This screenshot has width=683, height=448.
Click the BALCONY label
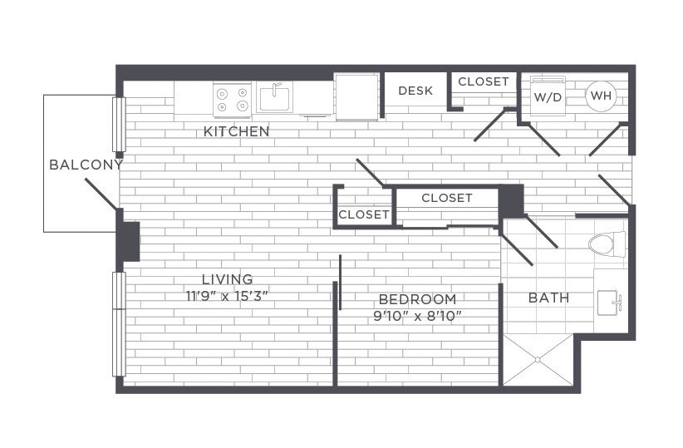pyautogui.click(x=86, y=165)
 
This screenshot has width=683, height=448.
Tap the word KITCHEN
pyautogui.click(x=237, y=131)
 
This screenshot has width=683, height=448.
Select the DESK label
pyautogui.click(x=415, y=91)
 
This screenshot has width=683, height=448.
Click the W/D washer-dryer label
pyautogui.click(x=548, y=97)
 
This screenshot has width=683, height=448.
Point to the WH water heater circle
pyautogui.click(x=601, y=96)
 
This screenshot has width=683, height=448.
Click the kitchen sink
pyautogui.click(x=274, y=97)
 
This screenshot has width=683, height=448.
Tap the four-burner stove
pyautogui.click(x=232, y=100)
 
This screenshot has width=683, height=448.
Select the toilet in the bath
pyautogui.click(x=607, y=244)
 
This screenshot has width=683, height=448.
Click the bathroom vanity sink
pyautogui.click(x=608, y=302)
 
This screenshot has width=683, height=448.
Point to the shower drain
pyautogui.click(x=538, y=360)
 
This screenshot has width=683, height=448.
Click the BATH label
pyautogui.click(x=549, y=298)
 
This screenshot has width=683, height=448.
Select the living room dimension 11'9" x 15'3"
pyautogui.click(x=227, y=297)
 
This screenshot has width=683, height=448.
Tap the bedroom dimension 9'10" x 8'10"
pyautogui.click(x=417, y=316)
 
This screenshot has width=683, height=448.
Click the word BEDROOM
pyautogui.click(x=417, y=299)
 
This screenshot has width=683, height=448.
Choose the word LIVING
pyautogui.click(x=227, y=279)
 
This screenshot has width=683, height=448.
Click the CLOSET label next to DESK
pyautogui.click(x=484, y=81)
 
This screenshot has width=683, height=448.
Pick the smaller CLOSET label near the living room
pyautogui.click(x=364, y=214)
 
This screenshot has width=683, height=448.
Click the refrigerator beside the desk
pyautogui.click(x=356, y=96)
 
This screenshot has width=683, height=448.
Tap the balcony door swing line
pyautogui.click(x=101, y=194)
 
